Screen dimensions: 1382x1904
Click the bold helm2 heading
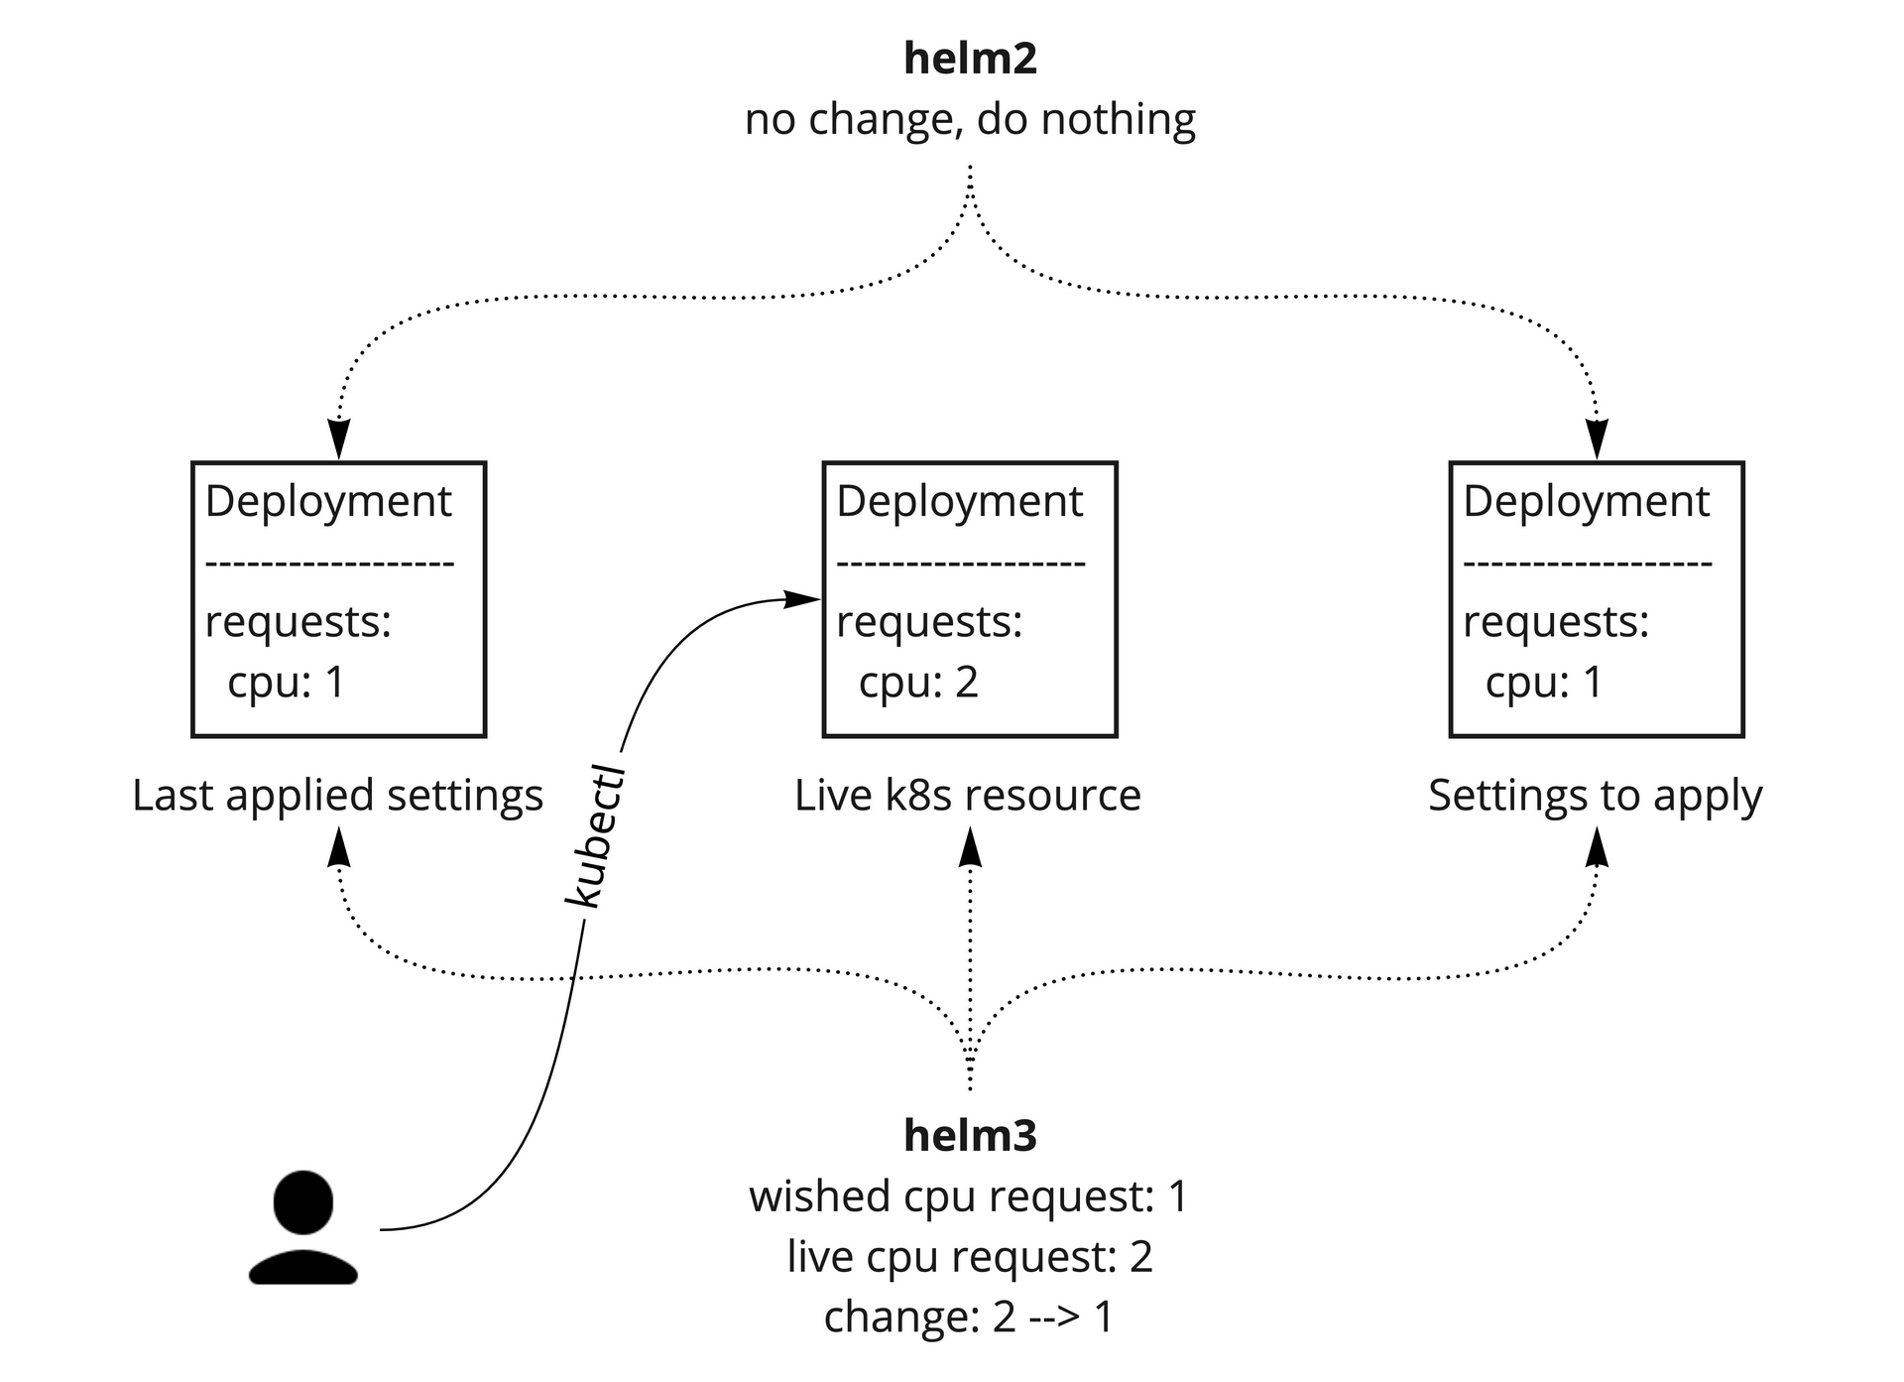(970, 59)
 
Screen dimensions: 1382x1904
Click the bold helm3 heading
(970, 1135)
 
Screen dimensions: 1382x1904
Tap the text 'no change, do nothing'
(970, 120)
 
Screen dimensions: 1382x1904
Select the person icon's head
(302, 1201)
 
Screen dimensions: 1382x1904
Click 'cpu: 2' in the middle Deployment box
(918, 683)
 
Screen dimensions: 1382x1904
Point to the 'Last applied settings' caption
(337, 796)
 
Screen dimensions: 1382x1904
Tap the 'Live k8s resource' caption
(967, 796)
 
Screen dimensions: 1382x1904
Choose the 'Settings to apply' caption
(1595, 796)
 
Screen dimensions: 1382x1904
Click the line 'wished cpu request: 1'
(968, 1196)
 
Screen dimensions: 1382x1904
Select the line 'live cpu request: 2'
(969, 1257)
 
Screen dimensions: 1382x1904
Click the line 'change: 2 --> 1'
(968, 1318)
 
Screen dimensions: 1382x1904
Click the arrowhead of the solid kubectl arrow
(802, 599)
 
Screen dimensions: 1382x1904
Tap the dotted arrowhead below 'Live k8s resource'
(970, 848)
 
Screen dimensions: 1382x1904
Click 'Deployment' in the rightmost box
(1586, 501)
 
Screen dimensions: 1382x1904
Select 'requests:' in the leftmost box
(297, 622)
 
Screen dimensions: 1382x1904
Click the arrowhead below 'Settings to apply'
(1597, 848)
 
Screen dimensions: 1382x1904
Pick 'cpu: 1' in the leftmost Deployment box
(286, 683)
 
